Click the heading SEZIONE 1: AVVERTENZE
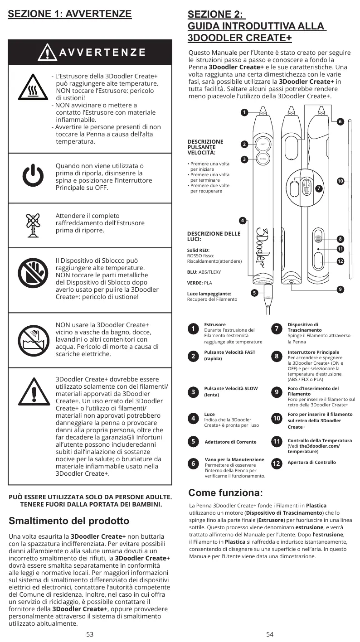pyautogui.click(x=70, y=14)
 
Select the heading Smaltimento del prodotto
pyautogui.click(x=69, y=521)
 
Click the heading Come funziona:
pyautogui.click(x=225, y=492)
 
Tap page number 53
pyautogui.click(x=90, y=634)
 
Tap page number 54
pyautogui.click(x=270, y=634)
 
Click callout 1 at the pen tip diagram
pyautogui.click(x=244, y=112)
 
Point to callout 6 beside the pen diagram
pyautogui.click(x=341, y=121)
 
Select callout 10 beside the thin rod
pyautogui.click(x=341, y=181)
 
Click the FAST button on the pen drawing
pyautogui.click(x=263, y=145)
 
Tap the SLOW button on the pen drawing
pyautogui.click(x=263, y=159)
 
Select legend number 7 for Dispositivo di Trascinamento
pyautogui.click(x=277, y=329)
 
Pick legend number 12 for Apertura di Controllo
pyautogui.click(x=277, y=463)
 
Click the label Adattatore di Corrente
pyautogui.click(x=230, y=442)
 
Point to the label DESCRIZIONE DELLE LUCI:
pyautogui.click(x=214, y=236)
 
